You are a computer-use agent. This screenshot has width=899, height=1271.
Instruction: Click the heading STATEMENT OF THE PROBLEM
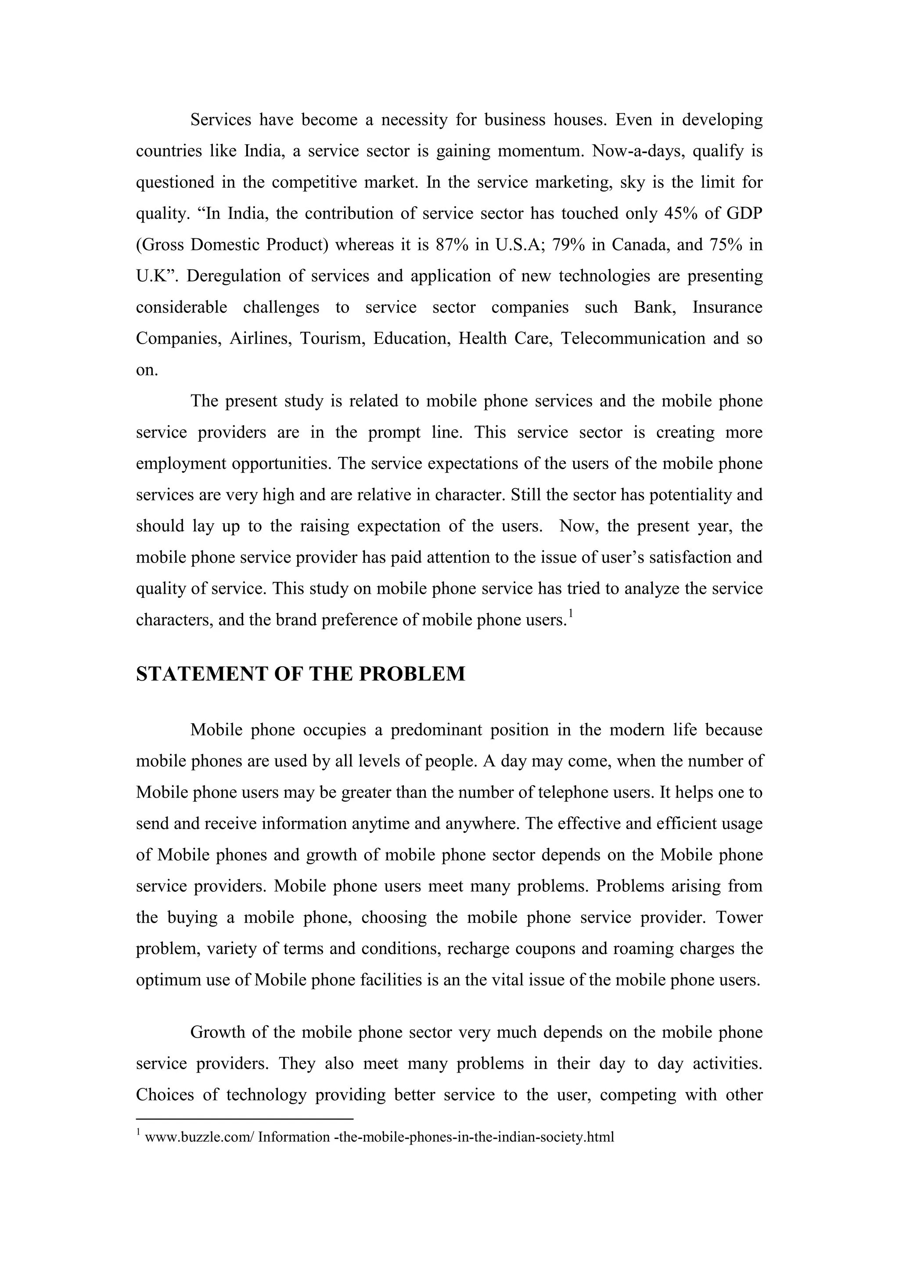pyautogui.click(x=301, y=674)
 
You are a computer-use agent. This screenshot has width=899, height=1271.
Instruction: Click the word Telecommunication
pyautogui.click(x=633, y=338)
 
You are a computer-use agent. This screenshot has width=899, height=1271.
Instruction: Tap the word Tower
pyautogui.click(x=740, y=917)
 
